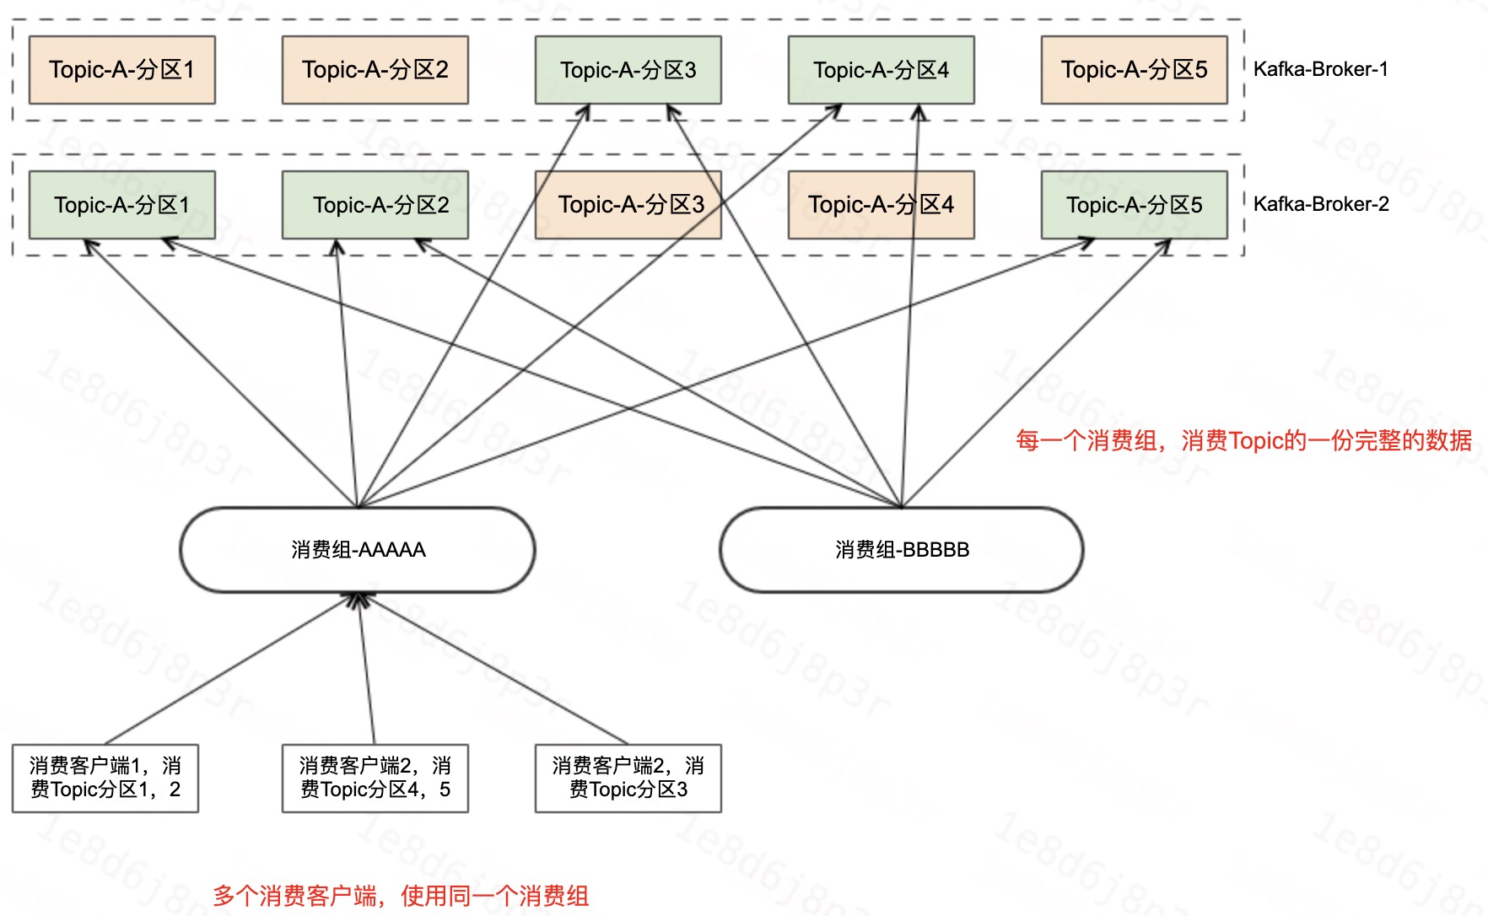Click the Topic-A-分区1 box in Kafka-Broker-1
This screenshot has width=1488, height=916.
pos(121,70)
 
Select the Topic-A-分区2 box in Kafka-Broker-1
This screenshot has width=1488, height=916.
pos(375,70)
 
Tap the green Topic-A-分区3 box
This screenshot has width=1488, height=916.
pos(628,70)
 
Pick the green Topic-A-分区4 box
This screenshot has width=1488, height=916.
pos(881,70)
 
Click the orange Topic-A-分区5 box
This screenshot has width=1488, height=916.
pos(1134,70)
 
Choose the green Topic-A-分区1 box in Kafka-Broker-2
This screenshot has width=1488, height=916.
pos(121,205)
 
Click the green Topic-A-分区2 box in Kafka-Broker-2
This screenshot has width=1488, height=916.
pos(375,205)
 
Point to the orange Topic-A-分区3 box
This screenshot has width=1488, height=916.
pos(628,205)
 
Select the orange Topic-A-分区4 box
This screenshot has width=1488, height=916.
pos(881,205)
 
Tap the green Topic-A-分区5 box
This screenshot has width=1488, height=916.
pos(1134,205)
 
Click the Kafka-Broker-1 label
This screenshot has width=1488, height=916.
pos(1320,69)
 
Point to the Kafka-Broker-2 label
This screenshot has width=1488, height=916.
pos(1321,204)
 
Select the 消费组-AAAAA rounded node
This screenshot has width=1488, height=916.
pos(358,550)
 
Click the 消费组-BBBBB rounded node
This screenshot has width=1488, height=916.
pos(902,550)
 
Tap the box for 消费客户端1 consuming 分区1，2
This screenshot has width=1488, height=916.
pos(105,778)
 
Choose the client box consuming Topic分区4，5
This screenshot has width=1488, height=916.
pos(375,778)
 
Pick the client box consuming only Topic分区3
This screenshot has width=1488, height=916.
pos(628,778)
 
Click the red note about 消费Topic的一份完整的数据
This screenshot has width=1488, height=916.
pos(1243,440)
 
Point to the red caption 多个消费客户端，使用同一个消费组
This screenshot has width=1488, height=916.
pos(401,896)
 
